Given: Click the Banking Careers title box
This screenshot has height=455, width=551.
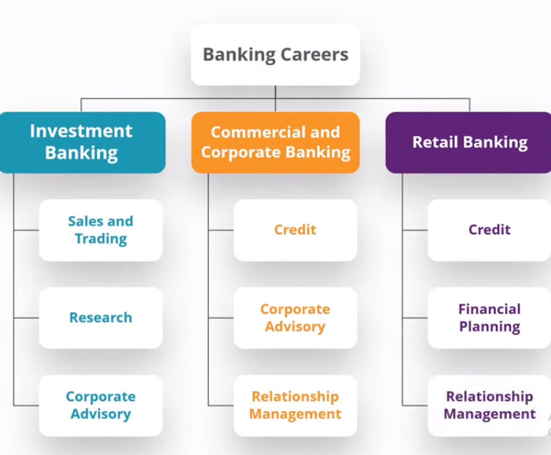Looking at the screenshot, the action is pos(275,55).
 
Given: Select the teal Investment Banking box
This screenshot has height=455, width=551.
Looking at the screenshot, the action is pos(82,142).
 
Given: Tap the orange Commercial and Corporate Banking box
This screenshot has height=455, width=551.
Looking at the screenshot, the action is pos(275,142).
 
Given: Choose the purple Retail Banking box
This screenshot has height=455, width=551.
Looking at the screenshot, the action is pos(469,142).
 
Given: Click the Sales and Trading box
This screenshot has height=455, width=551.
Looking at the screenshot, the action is pos(101,230).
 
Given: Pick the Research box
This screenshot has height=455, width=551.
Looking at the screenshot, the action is pos(101,317).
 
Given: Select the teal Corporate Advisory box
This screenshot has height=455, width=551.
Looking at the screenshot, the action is pos(101,405).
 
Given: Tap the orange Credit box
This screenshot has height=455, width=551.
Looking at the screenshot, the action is pos(295,230).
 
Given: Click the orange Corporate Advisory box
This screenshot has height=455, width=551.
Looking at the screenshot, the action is pos(295,317).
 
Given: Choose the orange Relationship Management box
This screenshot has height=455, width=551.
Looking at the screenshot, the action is pos(295,405).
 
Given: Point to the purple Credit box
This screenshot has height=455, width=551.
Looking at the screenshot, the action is pos(489,230).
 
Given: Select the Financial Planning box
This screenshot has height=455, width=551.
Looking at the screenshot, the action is pos(489,317).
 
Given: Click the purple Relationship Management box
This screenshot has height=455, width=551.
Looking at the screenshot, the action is pos(489,405).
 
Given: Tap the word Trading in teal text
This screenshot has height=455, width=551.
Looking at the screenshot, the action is pos(101,239).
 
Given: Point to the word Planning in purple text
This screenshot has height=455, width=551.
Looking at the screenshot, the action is pos(490,326).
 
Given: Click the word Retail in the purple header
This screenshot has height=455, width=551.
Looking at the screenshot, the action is pos(435,142).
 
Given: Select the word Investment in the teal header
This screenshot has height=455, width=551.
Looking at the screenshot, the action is pos(81,131).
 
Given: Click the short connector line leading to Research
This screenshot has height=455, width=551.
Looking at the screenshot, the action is pos(26,318).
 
